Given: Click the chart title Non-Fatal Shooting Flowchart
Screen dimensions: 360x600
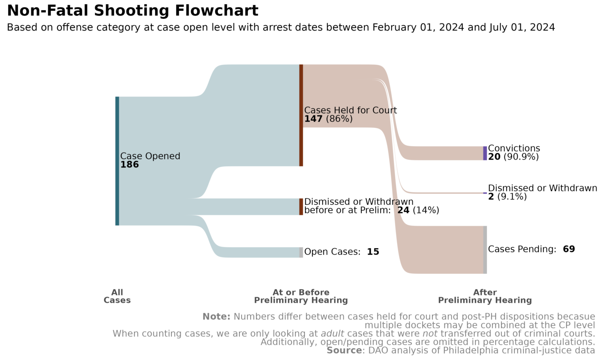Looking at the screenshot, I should point(132,11).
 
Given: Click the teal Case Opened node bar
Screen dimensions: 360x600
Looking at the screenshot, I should point(117,161).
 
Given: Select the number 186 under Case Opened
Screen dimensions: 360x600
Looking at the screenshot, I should point(129,165).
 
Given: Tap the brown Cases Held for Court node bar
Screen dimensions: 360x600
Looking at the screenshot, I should point(301,115).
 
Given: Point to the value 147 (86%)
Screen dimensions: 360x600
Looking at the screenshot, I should point(328,119).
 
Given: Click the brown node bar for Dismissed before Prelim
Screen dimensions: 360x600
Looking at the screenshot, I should point(301,207).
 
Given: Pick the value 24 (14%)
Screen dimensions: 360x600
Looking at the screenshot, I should point(418,210).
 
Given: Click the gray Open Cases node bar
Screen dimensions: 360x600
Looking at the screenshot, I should point(301,252).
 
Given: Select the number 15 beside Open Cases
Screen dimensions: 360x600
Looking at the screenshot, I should point(373,252).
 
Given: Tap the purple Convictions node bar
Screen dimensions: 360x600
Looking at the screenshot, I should point(485,153).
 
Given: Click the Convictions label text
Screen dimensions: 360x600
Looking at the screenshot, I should point(514,148).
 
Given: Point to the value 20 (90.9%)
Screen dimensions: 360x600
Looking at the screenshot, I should point(513,157).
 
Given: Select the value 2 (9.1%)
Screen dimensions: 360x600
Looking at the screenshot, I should point(507,197).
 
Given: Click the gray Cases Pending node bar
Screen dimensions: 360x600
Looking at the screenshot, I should point(485,249).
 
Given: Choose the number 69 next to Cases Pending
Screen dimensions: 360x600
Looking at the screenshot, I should point(569,249).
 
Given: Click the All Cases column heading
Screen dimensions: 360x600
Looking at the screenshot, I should point(117,296).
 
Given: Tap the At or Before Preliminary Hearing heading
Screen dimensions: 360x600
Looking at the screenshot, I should point(301,296).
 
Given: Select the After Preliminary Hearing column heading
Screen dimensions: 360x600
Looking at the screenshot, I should point(485,296).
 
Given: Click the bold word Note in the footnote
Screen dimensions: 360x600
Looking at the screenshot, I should point(216,317).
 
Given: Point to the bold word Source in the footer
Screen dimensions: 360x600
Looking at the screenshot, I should point(344,351).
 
